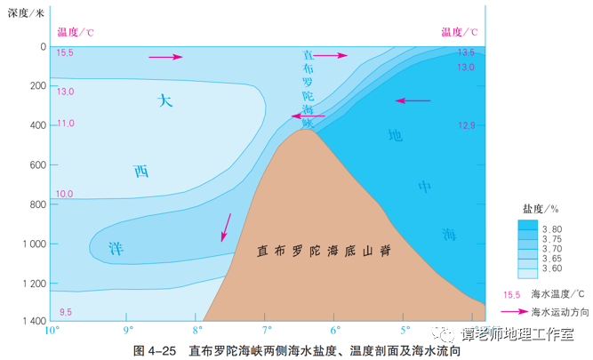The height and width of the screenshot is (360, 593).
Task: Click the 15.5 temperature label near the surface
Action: (65, 53)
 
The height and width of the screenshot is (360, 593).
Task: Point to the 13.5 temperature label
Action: (466, 52)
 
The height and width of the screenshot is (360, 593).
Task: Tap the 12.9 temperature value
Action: (467, 125)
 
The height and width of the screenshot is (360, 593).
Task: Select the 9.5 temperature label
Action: (66, 312)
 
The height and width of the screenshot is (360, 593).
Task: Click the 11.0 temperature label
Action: (66, 124)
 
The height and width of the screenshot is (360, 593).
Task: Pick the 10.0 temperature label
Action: (64, 195)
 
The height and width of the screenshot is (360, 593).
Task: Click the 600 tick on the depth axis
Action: (38, 165)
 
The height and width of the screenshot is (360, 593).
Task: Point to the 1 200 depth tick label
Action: (35, 284)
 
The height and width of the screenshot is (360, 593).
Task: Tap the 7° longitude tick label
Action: (267, 331)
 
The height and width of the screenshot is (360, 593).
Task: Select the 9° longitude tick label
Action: (128, 331)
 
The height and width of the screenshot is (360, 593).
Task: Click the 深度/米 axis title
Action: (26, 13)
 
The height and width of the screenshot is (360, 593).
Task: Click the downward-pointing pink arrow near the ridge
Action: (226, 228)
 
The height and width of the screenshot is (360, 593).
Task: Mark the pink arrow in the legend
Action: (515, 312)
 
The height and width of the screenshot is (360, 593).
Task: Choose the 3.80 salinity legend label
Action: (552, 229)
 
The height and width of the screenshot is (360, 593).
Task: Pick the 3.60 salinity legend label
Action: (552, 268)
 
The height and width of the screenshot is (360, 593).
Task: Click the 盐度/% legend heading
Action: (541, 209)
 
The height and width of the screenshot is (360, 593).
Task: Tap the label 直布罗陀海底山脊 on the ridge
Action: (324, 251)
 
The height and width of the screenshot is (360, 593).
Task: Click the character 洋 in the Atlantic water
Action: (116, 249)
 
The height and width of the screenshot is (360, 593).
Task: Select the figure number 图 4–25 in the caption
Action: (155, 351)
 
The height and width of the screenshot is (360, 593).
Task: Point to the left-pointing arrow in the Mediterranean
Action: (413, 100)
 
